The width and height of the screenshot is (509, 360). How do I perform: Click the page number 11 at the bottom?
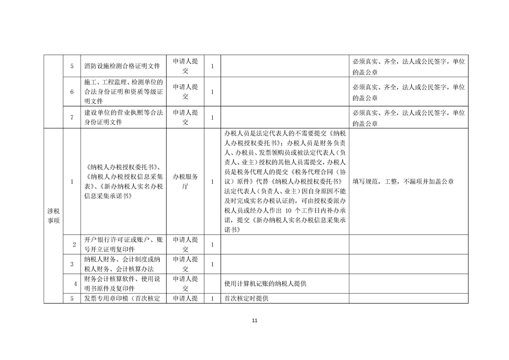254,321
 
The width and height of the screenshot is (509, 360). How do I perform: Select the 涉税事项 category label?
53,216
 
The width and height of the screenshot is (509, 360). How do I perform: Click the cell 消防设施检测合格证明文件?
122,66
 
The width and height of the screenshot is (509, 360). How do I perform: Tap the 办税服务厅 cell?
185,182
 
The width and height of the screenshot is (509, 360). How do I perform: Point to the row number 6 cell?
72,92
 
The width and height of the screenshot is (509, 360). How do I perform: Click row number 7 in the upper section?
72,118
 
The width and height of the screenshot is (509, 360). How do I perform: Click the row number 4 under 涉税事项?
74,285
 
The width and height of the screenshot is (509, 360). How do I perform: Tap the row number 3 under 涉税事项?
72,264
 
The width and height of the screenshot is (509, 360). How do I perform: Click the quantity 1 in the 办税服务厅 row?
212,182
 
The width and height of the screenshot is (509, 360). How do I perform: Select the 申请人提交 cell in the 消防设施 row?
185,66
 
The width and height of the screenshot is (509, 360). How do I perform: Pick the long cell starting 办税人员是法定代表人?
284,182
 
